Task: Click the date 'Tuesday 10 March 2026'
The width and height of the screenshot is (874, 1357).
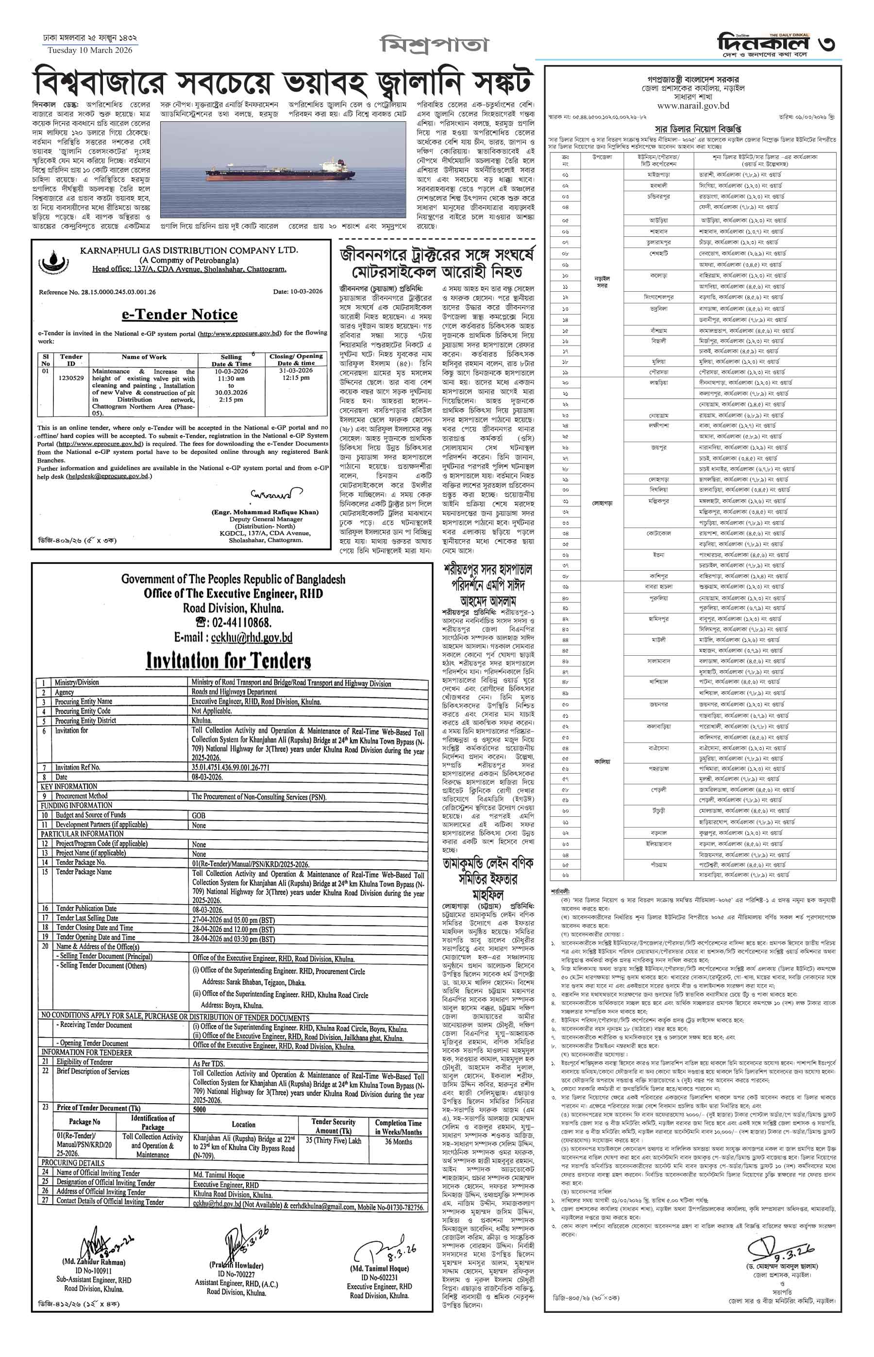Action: pos(90,50)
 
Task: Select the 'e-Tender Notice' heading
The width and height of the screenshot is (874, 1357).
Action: pos(179,315)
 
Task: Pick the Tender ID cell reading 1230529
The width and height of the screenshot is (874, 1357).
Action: pos(71,378)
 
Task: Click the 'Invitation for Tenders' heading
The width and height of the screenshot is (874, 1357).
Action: pos(229,661)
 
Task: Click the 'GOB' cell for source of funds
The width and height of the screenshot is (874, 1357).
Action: pos(198,815)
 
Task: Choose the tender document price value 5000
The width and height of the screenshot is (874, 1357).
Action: pos(199,1109)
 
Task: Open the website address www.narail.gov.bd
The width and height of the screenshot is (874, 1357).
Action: pos(692,105)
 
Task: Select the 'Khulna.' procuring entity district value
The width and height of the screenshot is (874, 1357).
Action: pos(202,720)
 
